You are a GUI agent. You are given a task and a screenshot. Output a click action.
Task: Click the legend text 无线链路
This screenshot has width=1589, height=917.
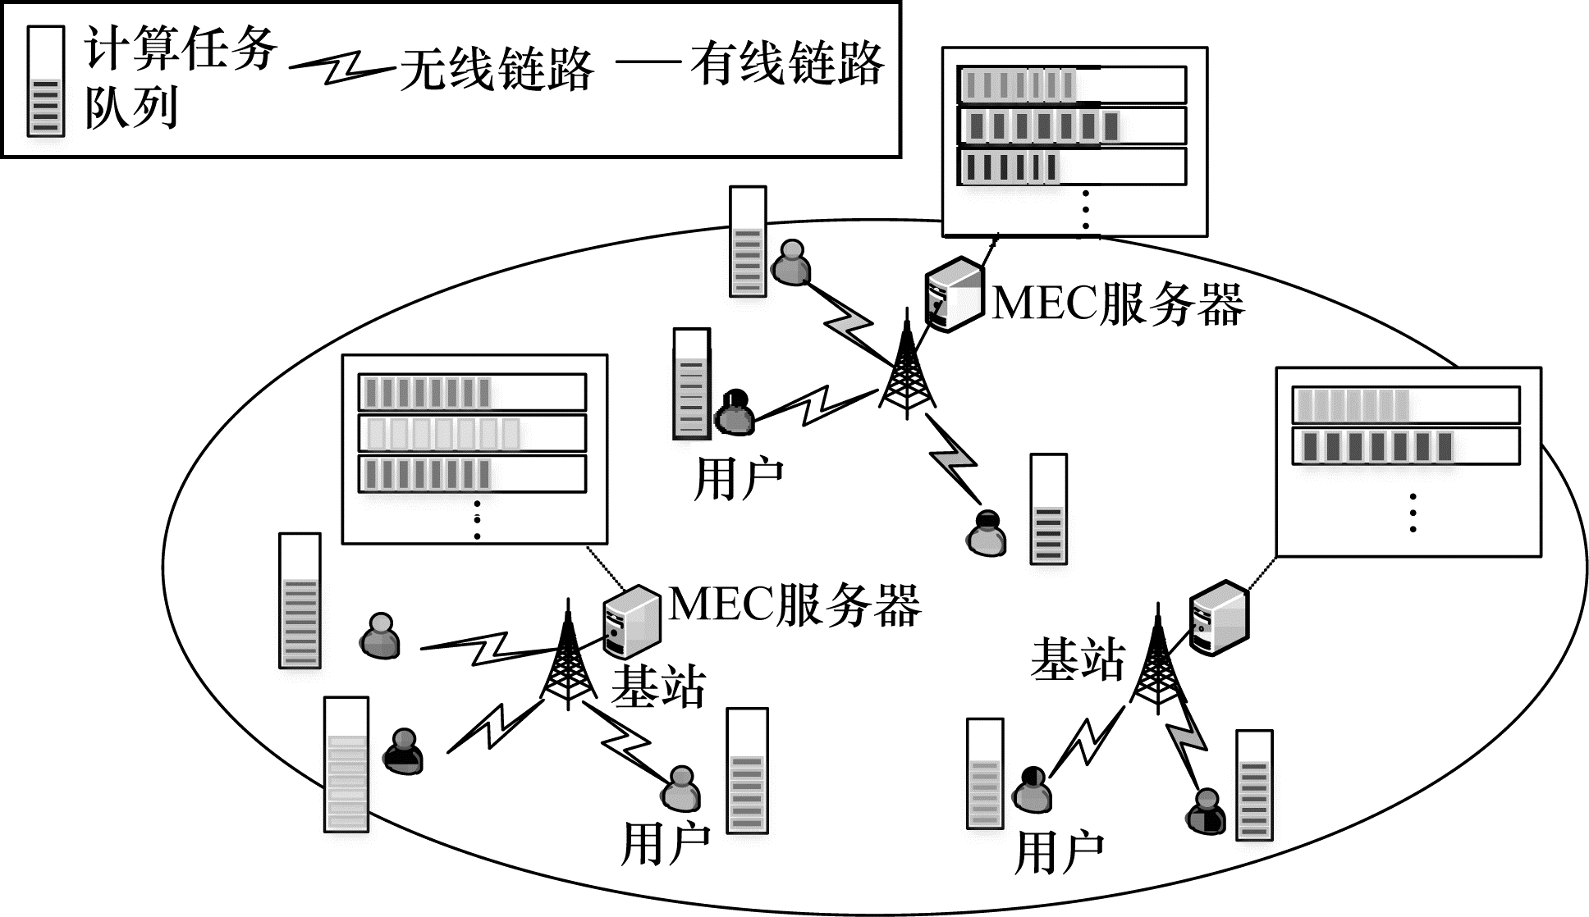(x=497, y=67)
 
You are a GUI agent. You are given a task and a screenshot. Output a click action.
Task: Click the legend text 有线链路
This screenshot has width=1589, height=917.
(x=786, y=64)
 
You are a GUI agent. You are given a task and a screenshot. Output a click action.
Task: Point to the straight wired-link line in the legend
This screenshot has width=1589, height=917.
(x=648, y=61)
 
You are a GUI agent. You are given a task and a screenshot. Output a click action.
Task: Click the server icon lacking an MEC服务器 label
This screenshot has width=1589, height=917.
(x=1219, y=618)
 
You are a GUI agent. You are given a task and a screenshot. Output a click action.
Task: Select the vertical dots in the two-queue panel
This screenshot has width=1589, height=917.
(x=1413, y=513)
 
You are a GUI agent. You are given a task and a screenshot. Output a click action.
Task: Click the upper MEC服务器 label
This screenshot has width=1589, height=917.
(x=1118, y=303)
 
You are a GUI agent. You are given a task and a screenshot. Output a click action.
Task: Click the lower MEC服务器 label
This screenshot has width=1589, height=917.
(x=794, y=605)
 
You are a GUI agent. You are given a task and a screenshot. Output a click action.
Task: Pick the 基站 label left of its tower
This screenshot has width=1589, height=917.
(x=1077, y=659)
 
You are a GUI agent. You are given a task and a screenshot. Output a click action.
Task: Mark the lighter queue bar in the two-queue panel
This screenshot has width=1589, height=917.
(x=1405, y=405)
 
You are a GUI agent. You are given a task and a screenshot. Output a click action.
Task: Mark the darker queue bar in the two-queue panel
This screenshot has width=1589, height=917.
(x=1405, y=446)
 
